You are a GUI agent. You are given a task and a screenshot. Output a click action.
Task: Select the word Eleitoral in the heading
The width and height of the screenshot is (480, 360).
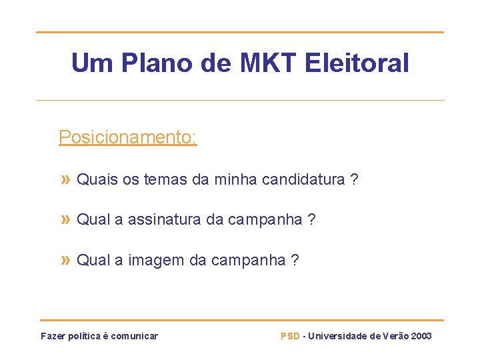click(x=357, y=63)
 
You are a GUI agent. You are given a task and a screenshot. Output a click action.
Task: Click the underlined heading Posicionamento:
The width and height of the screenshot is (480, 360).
click(x=127, y=137)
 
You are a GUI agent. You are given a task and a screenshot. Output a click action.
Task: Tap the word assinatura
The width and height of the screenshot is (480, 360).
click(x=159, y=219)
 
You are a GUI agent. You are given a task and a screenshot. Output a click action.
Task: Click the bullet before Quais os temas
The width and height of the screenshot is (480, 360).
click(x=65, y=179)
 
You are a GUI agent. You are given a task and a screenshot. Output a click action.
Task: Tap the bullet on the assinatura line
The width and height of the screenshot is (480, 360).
click(x=65, y=219)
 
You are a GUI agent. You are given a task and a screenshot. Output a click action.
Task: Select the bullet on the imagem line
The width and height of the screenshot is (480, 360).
click(x=65, y=260)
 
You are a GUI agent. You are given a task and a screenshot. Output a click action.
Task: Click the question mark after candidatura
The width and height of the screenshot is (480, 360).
click(x=354, y=179)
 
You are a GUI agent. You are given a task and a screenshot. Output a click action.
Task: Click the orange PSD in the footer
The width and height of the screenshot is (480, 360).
click(x=290, y=336)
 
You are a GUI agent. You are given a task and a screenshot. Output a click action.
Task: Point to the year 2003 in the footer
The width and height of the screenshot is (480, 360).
click(x=421, y=336)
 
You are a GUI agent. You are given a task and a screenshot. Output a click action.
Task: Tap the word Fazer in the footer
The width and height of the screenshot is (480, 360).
click(x=53, y=336)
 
